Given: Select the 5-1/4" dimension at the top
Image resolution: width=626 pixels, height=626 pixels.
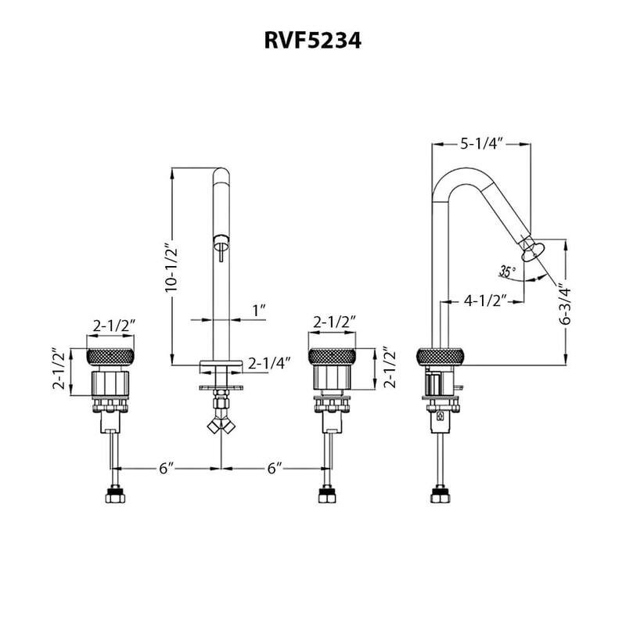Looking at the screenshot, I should tap(481, 143).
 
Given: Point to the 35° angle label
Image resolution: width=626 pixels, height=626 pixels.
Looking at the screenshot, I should tap(507, 272).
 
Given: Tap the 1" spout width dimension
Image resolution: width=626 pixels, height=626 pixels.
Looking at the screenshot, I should tap(259, 311).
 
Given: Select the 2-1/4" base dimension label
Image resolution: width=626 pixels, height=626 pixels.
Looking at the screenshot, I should tap(269, 363).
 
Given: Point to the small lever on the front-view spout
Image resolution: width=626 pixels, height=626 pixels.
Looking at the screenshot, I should tap(221, 253).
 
